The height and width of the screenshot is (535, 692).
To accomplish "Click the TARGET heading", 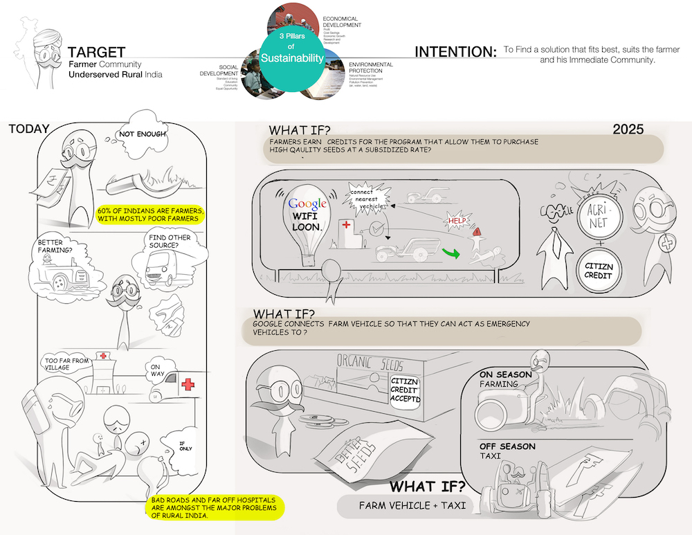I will click(x=96, y=52).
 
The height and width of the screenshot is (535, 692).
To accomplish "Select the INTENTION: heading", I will click(x=455, y=52).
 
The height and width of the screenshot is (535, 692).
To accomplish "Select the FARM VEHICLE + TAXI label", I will click(x=404, y=506).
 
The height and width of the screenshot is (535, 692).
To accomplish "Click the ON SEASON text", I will click(x=506, y=375).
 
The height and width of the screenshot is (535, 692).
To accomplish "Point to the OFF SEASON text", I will click(x=507, y=446).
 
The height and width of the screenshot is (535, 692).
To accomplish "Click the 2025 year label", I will click(x=628, y=129).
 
